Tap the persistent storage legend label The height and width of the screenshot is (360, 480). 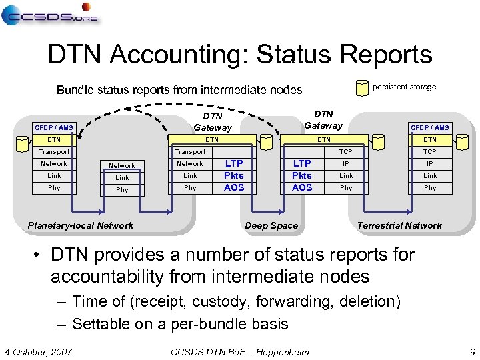[404, 87]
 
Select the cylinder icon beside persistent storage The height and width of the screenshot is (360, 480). [362, 87]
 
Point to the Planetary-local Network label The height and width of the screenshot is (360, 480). [81, 225]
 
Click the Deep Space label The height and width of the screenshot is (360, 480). [271, 225]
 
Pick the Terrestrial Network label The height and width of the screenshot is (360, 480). [399, 225]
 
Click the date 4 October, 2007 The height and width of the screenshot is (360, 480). [39, 351]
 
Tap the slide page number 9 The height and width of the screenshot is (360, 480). [472, 351]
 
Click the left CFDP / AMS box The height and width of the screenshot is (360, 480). [54, 127]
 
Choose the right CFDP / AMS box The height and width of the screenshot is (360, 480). [430, 127]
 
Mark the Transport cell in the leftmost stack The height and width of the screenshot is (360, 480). [54, 152]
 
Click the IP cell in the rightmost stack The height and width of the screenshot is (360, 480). [430, 163]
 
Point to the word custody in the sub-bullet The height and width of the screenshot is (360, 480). [217, 301]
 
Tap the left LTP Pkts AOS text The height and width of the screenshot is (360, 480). [234, 175]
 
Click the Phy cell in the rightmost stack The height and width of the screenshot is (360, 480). [430, 188]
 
